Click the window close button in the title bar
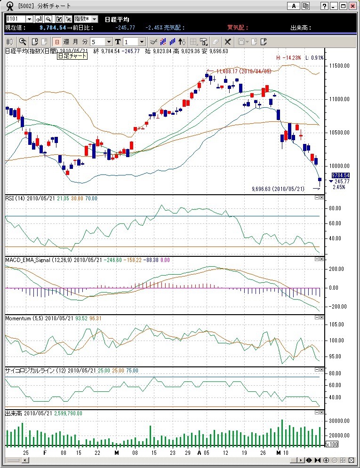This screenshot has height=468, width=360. pyautogui.click(x=352, y=6)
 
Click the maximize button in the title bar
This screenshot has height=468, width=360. pyautogui.click(x=344, y=6)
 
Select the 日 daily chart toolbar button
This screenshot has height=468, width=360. pyautogui.click(x=56, y=42)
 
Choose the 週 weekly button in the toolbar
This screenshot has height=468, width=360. pyautogui.click(x=66, y=42)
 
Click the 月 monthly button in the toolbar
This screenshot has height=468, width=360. pyautogui.click(x=75, y=42)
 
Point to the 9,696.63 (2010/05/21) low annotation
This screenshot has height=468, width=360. pyautogui.click(x=278, y=189)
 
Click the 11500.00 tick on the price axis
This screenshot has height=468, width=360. pyautogui.click(x=339, y=66)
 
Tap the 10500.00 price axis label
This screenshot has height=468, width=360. pyautogui.click(x=339, y=133)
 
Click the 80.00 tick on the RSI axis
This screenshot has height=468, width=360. pyautogui.click(x=335, y=208)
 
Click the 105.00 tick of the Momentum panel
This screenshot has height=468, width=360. pyautogui.click(x=335, y=325)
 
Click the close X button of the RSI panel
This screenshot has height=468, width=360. pyautogui.click(x=322, y=198)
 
